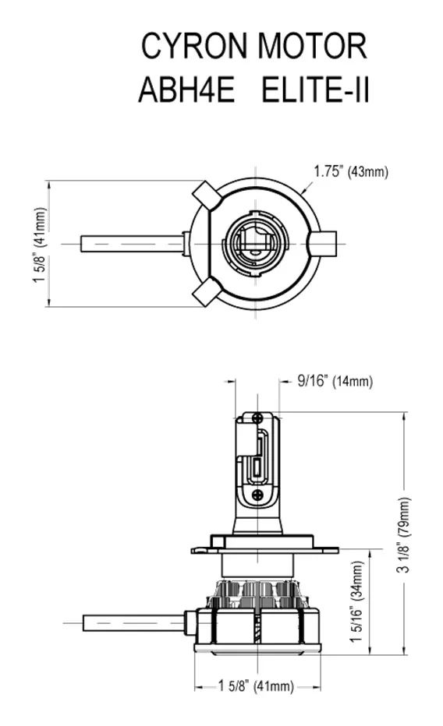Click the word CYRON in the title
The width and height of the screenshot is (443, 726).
(196, 47)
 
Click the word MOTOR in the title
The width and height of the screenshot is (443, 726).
(313, 47)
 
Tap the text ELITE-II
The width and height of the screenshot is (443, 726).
(314, 90)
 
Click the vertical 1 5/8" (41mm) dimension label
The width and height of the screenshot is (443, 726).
(40, 244)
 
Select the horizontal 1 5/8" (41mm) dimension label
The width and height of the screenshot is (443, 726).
(257, 686)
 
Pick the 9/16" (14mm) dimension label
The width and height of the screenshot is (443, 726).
(335, 381)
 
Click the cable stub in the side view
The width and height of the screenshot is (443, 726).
(133, 622)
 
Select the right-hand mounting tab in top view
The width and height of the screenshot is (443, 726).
(324, 243)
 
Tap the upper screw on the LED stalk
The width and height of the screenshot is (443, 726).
(258, 419)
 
